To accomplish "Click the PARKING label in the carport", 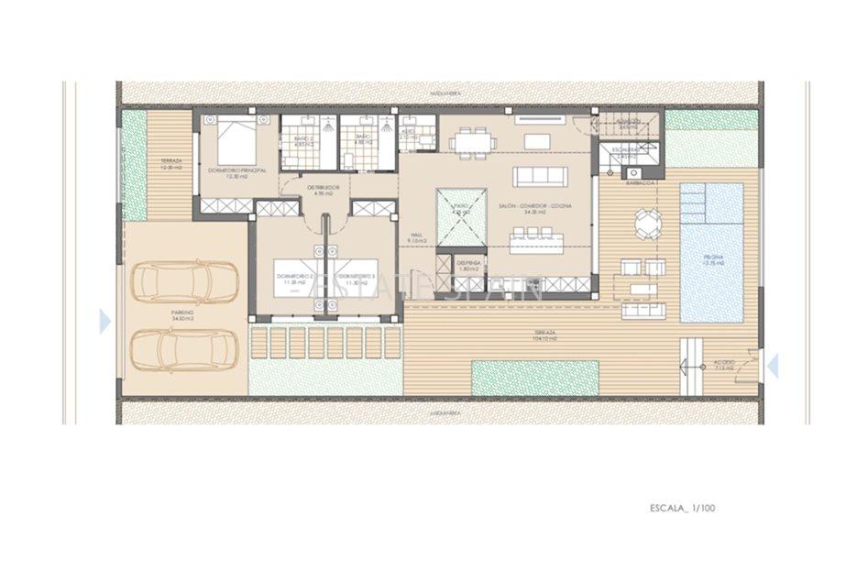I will [x=182, y=314].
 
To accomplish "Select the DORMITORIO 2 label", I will [x=298, y=279].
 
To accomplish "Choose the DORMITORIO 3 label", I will [x=357, y=279].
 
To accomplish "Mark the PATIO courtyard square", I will [x=461, y=216].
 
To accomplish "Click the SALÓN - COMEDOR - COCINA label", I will [x=535, y=207].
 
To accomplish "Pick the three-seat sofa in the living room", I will [x=541, y=176].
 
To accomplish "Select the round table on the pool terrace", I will [x=648, y=221].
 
